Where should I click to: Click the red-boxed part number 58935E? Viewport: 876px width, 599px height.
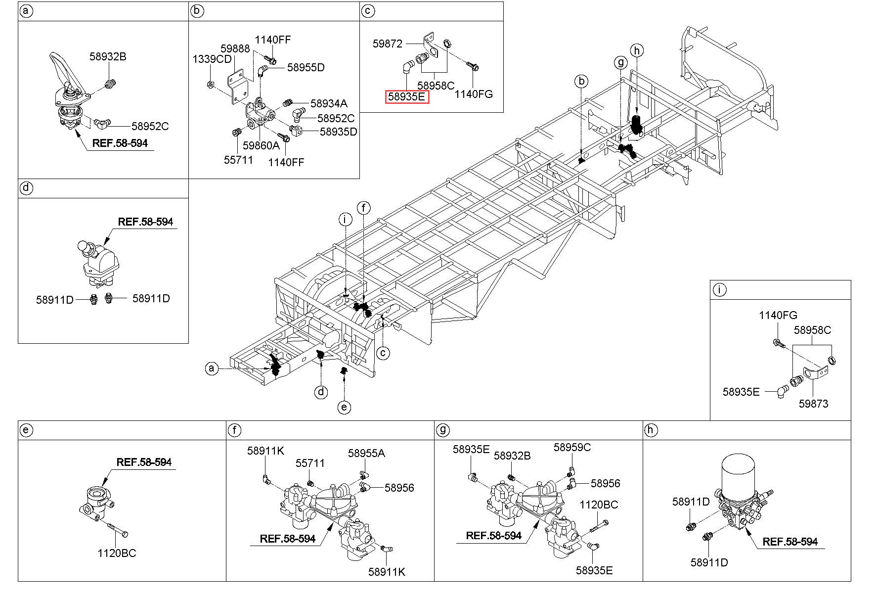tap(407, 97)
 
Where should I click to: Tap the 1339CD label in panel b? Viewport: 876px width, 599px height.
tap(212, 59)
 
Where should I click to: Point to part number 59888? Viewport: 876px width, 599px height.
tap(235, 48)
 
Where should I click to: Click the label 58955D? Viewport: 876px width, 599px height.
tap(306, 67)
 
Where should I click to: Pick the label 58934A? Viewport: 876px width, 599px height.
tap(329, 103)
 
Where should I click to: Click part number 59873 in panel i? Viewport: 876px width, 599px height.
tap(813, 404)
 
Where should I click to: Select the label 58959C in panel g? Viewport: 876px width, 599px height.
tap(572, 447)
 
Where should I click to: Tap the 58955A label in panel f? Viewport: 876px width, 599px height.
tap(366, 453)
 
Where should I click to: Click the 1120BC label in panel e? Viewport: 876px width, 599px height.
tap(117, 553)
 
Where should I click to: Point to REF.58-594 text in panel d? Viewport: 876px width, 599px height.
tap(145, 222)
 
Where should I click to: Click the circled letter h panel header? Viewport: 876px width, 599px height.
tap(651, 430)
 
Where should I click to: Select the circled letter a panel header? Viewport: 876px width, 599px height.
tap(26, 11)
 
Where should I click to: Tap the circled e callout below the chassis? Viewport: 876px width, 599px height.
tap(344, 407)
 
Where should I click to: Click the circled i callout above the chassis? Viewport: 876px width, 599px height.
tap(345, 219)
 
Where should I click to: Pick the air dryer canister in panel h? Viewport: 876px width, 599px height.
tap(738, 473)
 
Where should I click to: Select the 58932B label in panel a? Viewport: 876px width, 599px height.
tap(108, 56)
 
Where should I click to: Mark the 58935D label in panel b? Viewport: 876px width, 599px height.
tap(338, 132)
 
